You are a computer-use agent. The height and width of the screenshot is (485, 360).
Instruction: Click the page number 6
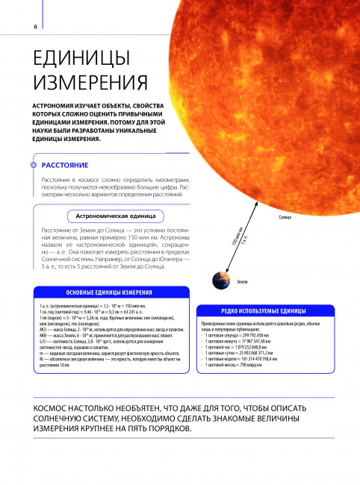tap(36, 28)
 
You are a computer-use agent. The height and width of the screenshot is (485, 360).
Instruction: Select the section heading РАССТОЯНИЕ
tap(66, 163)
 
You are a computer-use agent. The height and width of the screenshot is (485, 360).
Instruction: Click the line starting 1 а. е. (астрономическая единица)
tap(82, 307)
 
